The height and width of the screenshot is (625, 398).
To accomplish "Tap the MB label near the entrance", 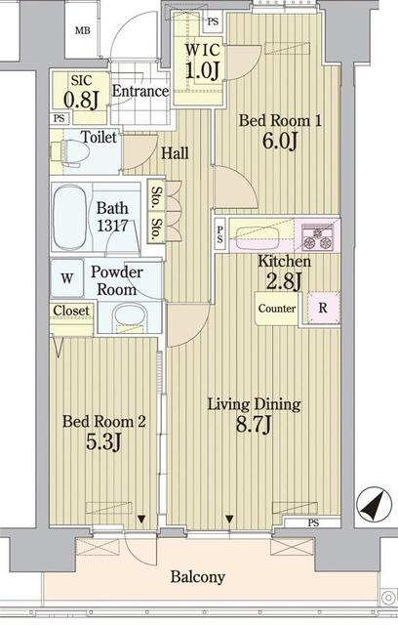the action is pos(83,30).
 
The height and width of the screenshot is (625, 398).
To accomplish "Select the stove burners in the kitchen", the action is pos(317,236).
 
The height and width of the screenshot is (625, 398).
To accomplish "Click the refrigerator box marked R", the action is pos(323,308).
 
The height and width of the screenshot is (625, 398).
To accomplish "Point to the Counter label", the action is pos(277,309).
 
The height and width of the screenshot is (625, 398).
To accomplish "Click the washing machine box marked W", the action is pos(67,277).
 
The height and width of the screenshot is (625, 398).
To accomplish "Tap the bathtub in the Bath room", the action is pos(69,217).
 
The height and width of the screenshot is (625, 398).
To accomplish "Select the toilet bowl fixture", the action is pos(70,151).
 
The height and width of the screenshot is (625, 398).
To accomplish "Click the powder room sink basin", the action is pos(129,316).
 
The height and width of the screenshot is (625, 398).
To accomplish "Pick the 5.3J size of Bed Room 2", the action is pos(103,441).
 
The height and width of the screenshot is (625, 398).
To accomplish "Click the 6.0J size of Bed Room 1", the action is pos(280,141).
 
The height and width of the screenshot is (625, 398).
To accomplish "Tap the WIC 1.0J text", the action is pos(203,61).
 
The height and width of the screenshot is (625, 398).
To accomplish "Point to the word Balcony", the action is pos(198,577).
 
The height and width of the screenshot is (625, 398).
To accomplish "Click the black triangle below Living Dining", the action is pos(229,519).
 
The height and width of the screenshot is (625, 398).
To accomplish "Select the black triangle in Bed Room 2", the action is pos(141,519).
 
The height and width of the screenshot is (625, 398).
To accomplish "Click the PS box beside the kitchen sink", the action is pos(220,234).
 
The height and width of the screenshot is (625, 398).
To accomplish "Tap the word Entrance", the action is pos(140,91).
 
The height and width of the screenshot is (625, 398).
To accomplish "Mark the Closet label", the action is pos(71,311).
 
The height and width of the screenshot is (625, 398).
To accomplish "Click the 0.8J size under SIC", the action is pos(81,100).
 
